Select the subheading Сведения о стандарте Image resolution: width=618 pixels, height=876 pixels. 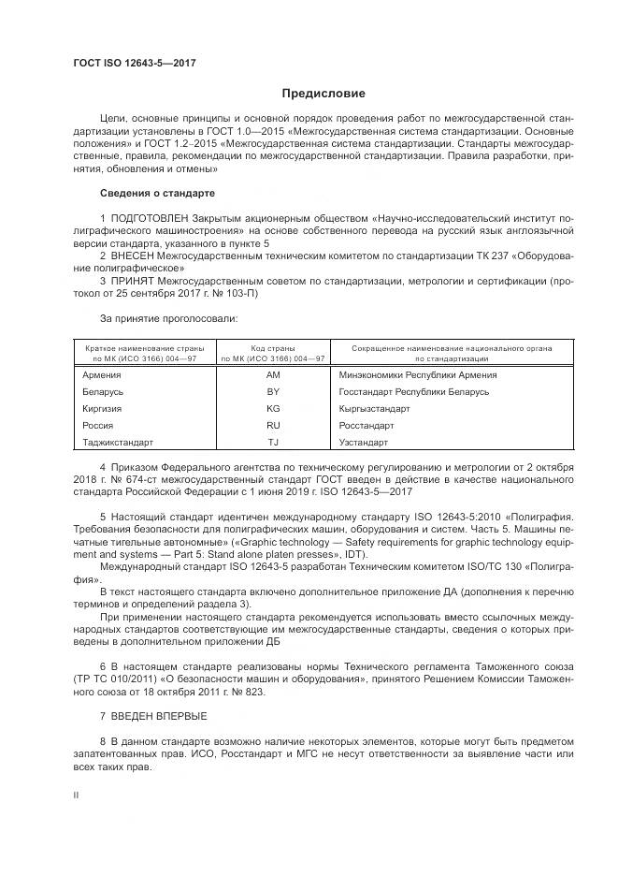[x=157, y=194]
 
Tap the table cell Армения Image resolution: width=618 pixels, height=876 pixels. [x=102, y=375]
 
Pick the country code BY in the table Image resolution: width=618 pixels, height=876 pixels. [x=273, y=392]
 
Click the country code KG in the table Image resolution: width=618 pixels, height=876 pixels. [x=273, y=409]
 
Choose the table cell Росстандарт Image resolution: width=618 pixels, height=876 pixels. [x=366, y=426]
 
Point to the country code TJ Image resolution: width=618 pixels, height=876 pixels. [x=273, y=443]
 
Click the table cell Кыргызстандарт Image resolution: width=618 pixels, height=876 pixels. [x=374, y=409]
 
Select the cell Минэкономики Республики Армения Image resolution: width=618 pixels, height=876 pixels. [x=417, y=375]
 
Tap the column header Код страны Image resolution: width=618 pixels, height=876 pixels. [x=273, y=348]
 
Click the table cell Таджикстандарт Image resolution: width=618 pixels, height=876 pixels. [x=119, y=443]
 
